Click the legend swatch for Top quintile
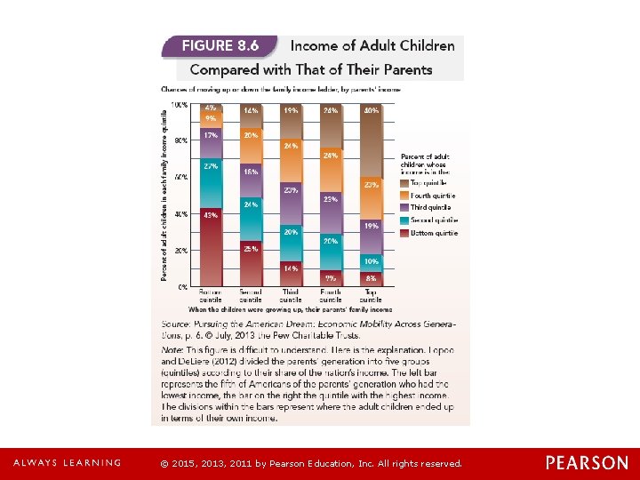pos(405,182)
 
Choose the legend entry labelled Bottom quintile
pos(434,233)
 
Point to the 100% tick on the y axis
pos(180,105)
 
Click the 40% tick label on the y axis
pos(180,214)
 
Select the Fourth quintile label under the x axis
pos(331,295)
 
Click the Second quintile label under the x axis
pos(251,295)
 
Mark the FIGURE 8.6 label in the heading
pos(220,45)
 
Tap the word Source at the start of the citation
pos(178,324)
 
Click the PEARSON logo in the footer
pos(586,463)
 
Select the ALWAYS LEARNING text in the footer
pos(67,463)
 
